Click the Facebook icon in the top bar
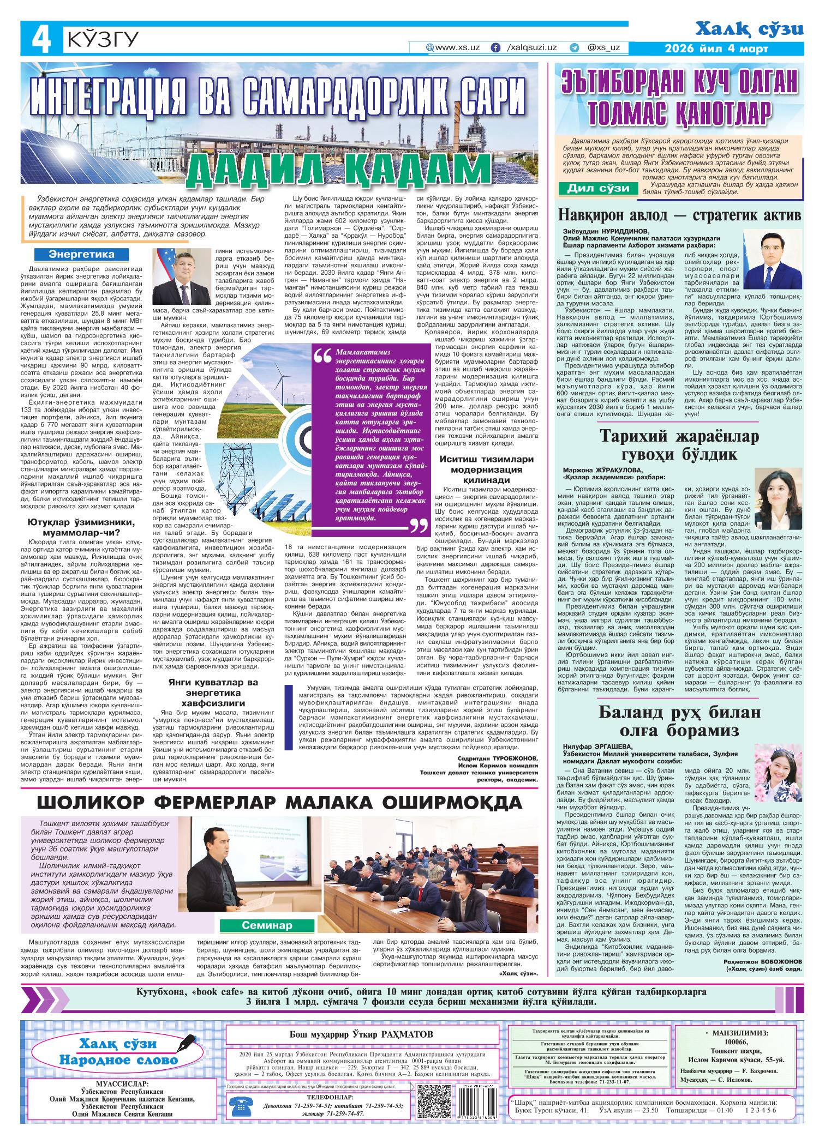[x=496, y=48]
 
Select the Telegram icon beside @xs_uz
[x=573, y=48]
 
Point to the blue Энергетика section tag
[x=82, y=255]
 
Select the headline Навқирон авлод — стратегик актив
[x=679, y=215]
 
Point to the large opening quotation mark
[x=323, y=356]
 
